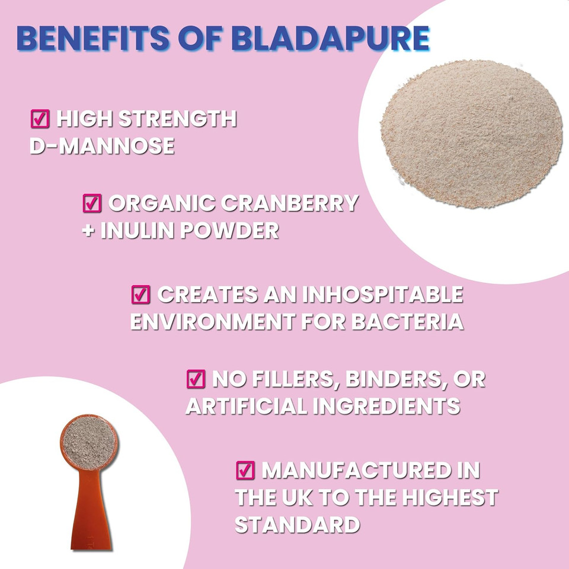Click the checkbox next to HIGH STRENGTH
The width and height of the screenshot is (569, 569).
pyautogui.click(x=39, y=119)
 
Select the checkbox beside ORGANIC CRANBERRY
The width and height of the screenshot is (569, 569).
pyautogui.click(x=91, y=203)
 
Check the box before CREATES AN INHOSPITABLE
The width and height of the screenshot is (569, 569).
pyautogui.click(x=140, y=293)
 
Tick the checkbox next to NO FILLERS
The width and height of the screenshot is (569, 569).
pyautogui.click(x=196, y=378)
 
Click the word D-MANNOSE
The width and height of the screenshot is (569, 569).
pyautogui.click(x=102, y=146)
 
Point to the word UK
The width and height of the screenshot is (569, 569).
pyautogui.click(x=300, y=497)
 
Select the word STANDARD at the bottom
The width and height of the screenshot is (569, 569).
pyautogui.click(x=297, y=525)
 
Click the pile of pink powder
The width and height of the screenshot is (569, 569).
pyautogui.click(x=471, y=133)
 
